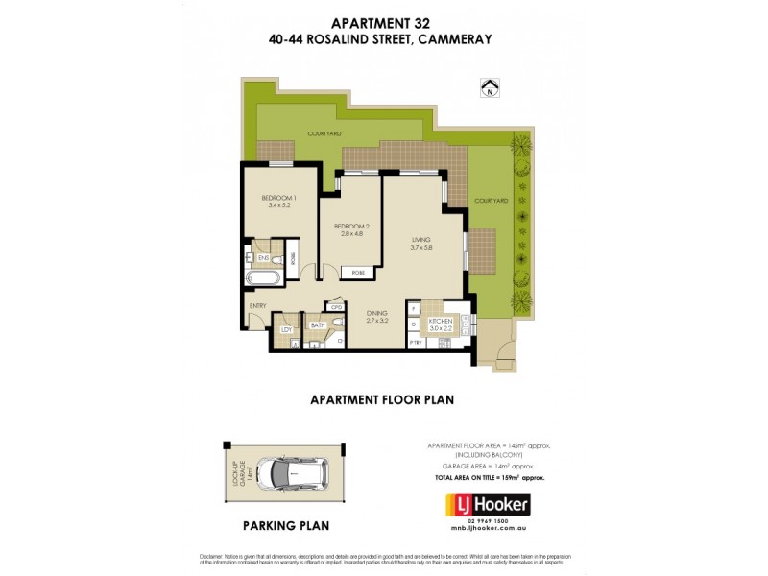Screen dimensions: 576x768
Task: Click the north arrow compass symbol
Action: point(491,88)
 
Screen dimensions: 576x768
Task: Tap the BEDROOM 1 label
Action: point(279,198)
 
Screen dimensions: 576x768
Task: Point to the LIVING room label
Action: point(421,240)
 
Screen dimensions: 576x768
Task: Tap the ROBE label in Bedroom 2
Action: point(358,273)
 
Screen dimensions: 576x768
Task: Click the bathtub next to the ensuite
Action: point(263,280)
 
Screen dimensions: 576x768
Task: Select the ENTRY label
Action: point(257,305)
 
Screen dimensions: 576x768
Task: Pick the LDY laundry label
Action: point(285,330)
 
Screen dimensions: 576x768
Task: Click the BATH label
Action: point(318,326)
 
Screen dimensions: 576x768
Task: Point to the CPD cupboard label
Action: point(336,308)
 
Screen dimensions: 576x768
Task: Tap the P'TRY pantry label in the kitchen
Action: point(416,342)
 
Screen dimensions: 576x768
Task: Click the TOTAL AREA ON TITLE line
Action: point(490,476)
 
